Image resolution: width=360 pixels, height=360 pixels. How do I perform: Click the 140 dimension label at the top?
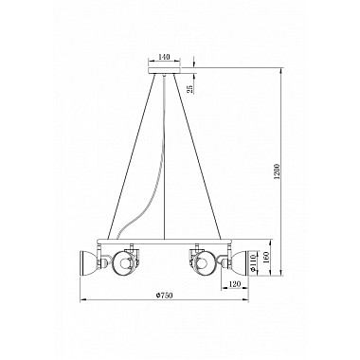tap(164, 58)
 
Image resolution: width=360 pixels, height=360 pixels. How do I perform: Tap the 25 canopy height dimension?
tap(190, 89)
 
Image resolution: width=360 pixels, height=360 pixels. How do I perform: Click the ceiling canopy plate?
tap(165, 69)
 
